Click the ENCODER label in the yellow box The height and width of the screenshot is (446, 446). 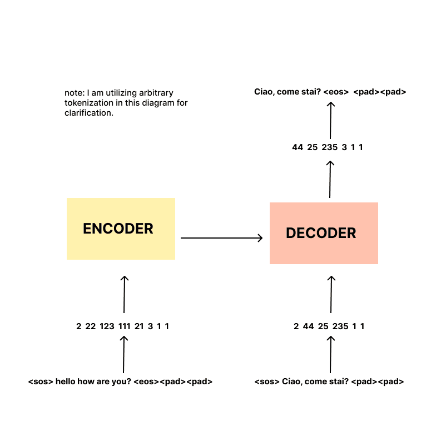[x=118, y=229]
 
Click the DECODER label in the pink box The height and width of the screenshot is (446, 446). [x=321, y=233]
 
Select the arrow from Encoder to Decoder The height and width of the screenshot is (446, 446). [x=221, y=238]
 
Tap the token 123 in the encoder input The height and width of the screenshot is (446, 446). [x=107, y=326]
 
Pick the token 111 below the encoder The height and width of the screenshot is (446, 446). [x=124, y=326]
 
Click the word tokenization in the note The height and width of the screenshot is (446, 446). [x=87, y=103]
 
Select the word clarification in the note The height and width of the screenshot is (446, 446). [x=88, y=113]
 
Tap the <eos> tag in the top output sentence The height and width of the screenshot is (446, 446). [x=335, y=92]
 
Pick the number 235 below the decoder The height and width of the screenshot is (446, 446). [x=340, y=326]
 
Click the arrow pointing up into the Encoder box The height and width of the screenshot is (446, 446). [x=124, y=294]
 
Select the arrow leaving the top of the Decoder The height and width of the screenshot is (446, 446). [x=330, y=179]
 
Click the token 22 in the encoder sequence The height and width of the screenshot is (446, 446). [x=91, y=326]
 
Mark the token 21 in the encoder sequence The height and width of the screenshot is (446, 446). [x=139, y=326]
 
